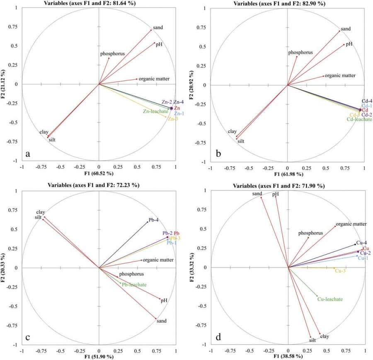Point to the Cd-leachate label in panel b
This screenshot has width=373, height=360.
pos(359,119)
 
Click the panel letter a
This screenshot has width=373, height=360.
pos(28,153)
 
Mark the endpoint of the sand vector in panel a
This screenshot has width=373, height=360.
pos(151,30)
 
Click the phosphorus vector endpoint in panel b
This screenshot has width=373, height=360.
pos(297,56)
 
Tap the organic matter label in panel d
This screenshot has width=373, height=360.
pos(351,224)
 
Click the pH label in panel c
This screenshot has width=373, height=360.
pos(164,300)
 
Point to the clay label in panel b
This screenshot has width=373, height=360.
pos(232,132)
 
